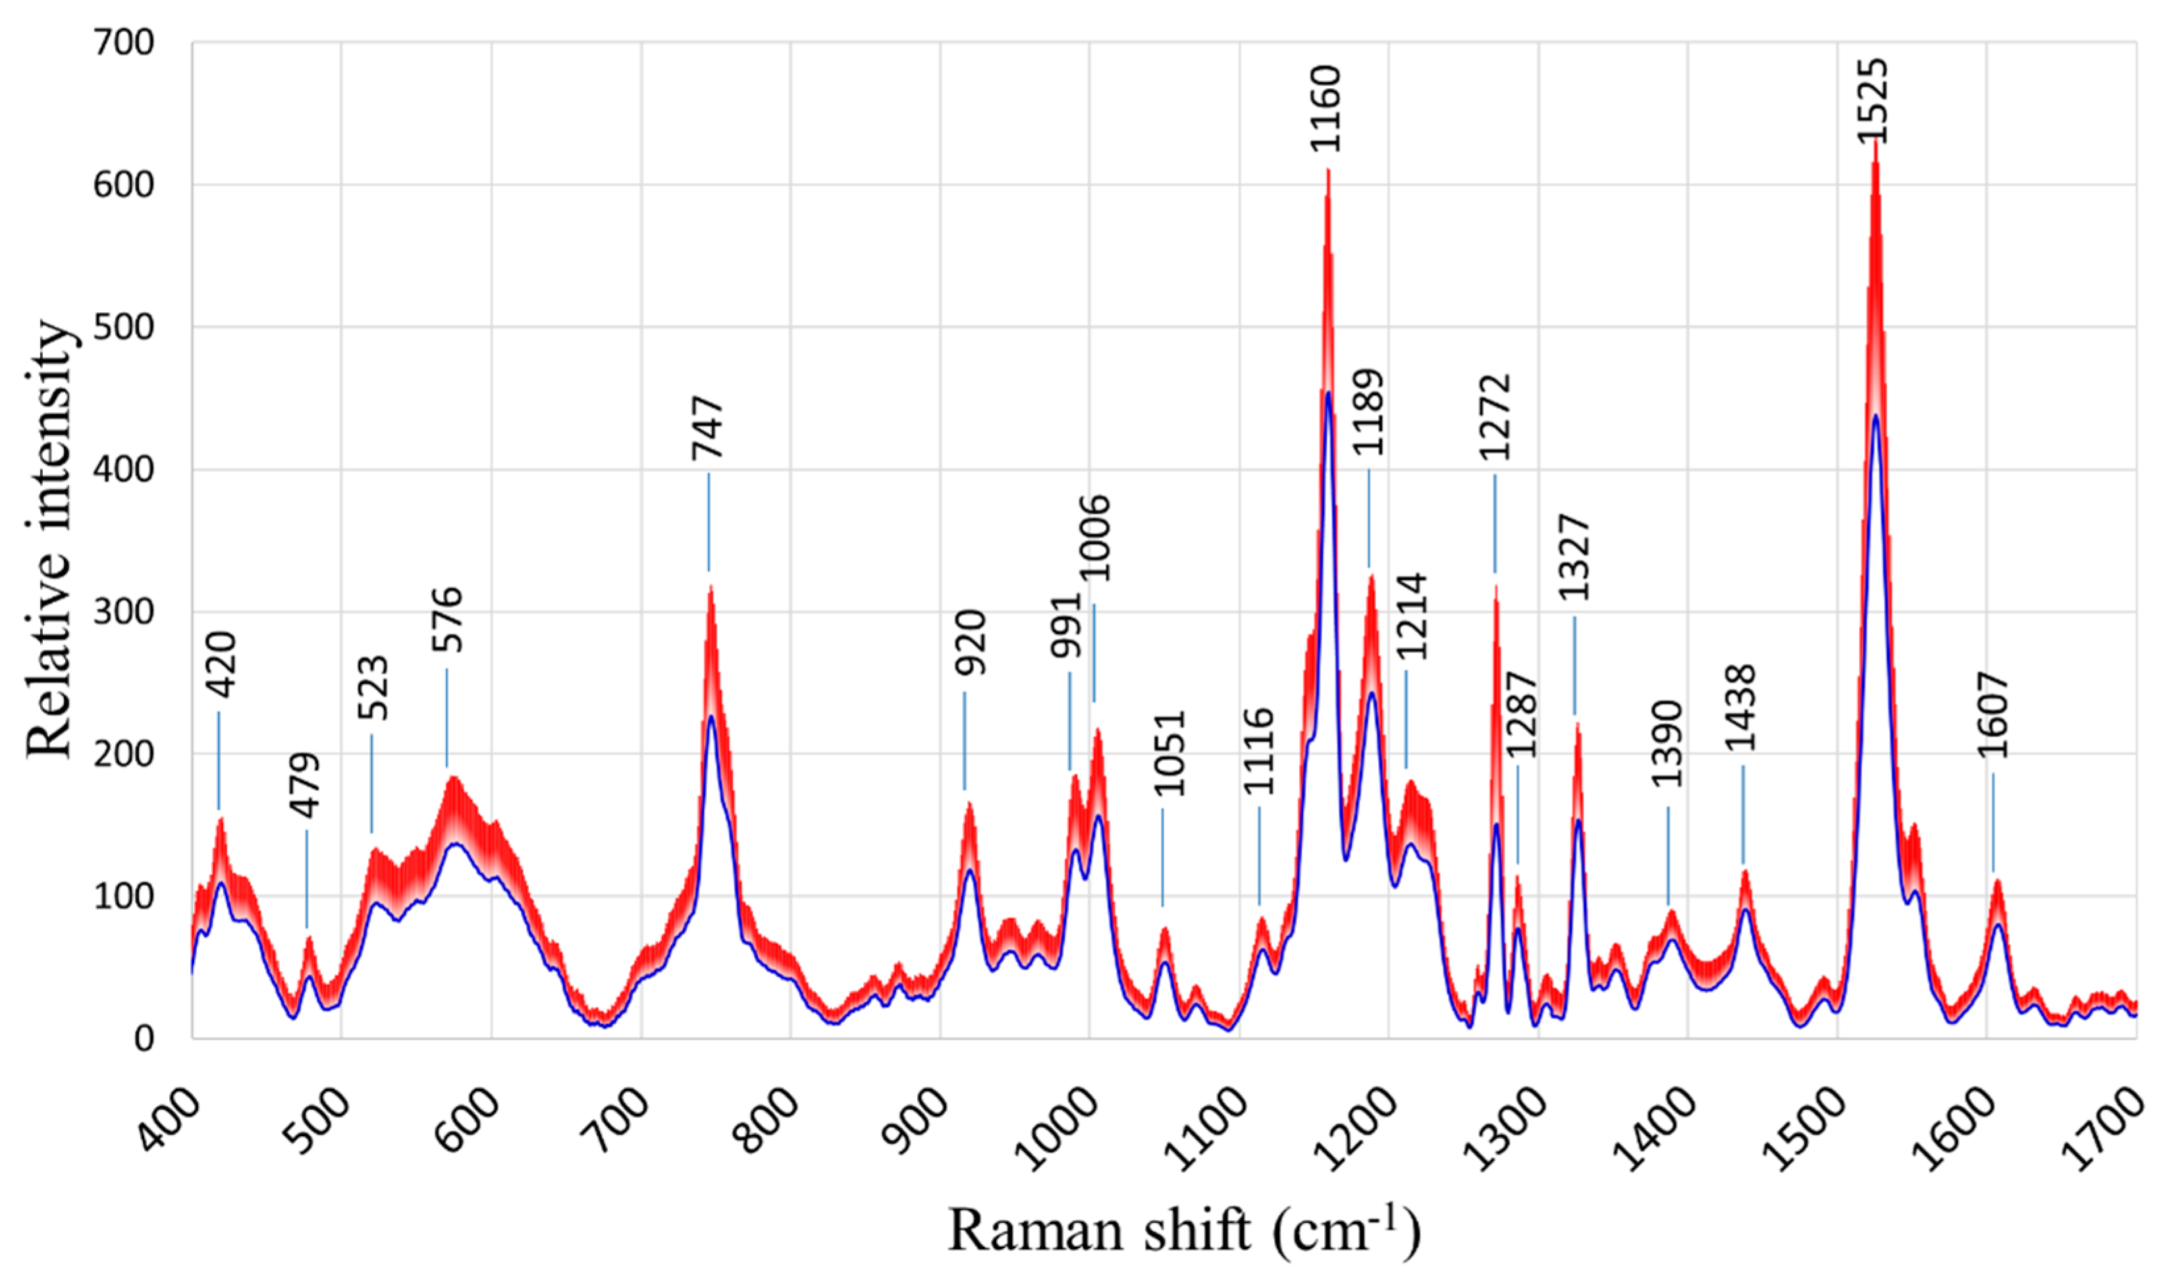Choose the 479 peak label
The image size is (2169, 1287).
305,785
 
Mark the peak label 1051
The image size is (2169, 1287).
1169,753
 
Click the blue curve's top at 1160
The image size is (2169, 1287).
1328,393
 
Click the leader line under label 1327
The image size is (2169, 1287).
1574,666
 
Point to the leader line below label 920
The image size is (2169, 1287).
964,742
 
